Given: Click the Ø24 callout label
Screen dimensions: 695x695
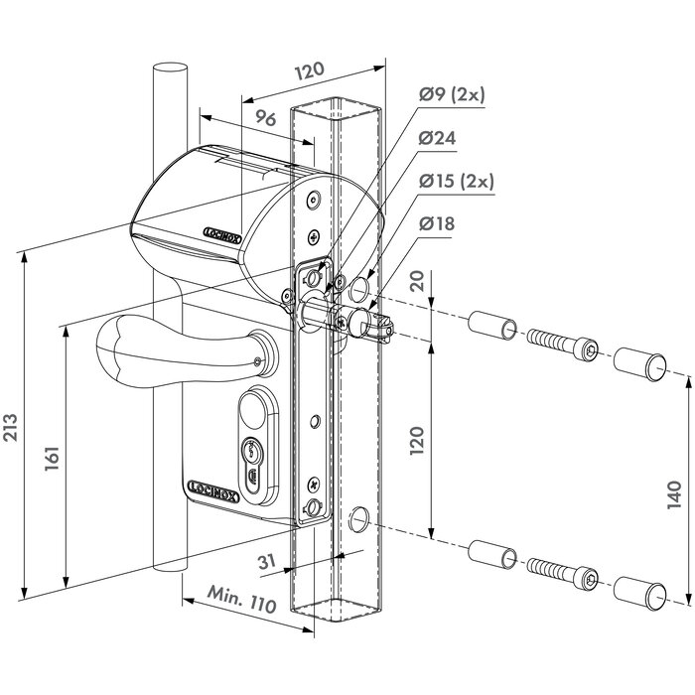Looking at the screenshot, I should [x=438, y=138].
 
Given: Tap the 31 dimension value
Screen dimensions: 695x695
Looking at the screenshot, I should [x=265, y=562].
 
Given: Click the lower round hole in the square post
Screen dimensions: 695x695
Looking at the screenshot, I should [x=360, y=515].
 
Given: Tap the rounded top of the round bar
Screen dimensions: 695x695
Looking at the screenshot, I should [x=170, y=71].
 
